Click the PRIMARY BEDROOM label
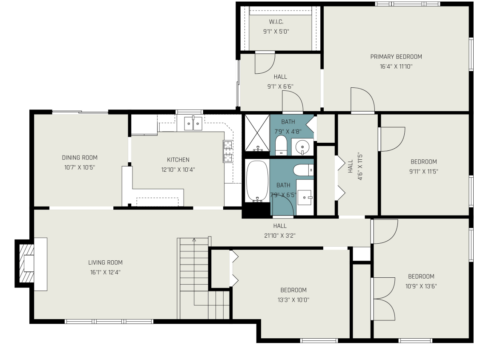pyautogui.click(x=396, y=57)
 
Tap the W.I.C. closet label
pyautogui.click(x=276, y=22)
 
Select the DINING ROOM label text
pyautogui.click(x=80, y=158)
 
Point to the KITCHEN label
pyautogui.click(x=178, y=160)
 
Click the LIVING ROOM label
pyautogui.click(x=105, y=262)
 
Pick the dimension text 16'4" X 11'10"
pyautogui.click(x=396, y=66)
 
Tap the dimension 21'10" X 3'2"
pyautogui.click(x=280, y=236)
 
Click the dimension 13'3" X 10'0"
pyautogui.click(x=293, y=300)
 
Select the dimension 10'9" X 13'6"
pyautogui.click(x=421, y=286)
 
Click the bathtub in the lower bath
pyautogui.click(x=257, y=181)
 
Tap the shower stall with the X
pyautogui.click(x=257, y=133)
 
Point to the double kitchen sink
pyautogui.click(x=193, y=124)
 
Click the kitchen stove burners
pyautogui.click(x=228, y=151)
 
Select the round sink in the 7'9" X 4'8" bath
pyautogui.click(x=302, y=146)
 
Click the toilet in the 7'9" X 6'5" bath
pyautogui.click(x=303, y=170)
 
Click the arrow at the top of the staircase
pyautogui.click(x=194, y=240)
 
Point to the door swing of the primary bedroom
pyautogui.click(x=362, y=100)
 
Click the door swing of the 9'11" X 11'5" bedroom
pyautogui.click(x=393, y=139)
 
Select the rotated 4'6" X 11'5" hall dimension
pyautogui.click(x=360, y=166)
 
